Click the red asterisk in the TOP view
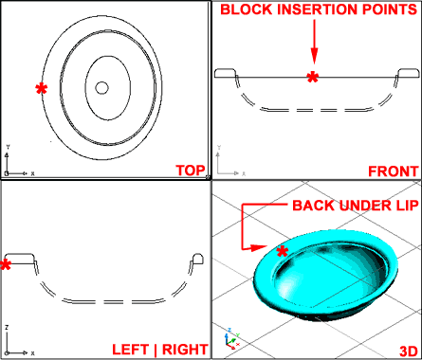pos(42,89)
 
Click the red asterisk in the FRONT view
pos(313,77)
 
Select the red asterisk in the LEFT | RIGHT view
pos(6,264)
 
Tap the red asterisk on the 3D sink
pos(283,251)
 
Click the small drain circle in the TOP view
pos(101,88)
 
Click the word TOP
pos(191,171)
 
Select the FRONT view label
pos(394,171)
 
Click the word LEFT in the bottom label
pos(130,350)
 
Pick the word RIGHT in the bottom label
pos(185,350)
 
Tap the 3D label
pos(409,351)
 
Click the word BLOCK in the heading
pos(247,9)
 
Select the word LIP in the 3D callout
pos(407,206)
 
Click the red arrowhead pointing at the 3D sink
pos(259,247)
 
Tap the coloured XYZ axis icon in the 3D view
pos(231,339)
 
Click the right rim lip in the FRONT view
pos(409,73)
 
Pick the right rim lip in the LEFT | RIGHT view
pos(198,259)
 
